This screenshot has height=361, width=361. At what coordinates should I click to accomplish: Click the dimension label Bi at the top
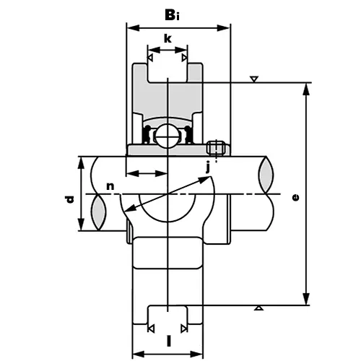pos(178,13)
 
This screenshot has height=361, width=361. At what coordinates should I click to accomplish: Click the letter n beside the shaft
pos(110,186)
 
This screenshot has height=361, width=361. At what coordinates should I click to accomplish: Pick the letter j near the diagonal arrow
pos(208,168)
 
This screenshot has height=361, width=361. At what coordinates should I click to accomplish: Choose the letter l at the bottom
pos(168,339)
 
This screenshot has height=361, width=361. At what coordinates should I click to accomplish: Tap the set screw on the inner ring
pos(214,147)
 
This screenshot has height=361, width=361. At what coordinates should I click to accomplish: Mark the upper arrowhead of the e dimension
pos(307,87)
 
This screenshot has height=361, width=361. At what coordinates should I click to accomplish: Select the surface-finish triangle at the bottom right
pos(258,310)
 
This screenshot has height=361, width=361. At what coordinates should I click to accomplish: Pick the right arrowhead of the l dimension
pos(200,354)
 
